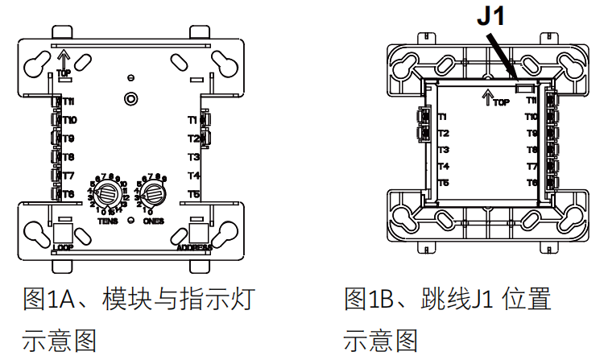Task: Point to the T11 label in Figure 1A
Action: coord(68,101)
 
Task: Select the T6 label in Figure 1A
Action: coord(68,194)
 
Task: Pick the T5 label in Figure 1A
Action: coord(193,194)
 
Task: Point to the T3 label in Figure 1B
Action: coord(444,150)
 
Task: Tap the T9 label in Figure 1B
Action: coord(532,133)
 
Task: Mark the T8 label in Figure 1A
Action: coord(68,157)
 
